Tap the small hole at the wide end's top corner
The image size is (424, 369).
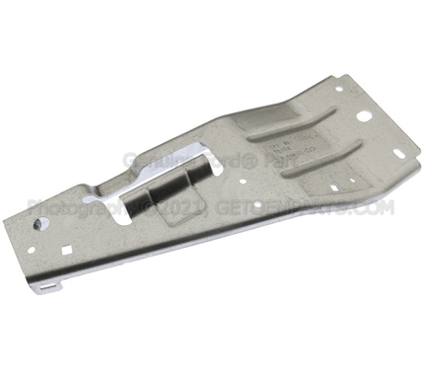click(x=338, y=89)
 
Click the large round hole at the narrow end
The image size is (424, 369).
click(x=35, y=222)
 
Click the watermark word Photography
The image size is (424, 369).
click(x=70, y=207)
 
